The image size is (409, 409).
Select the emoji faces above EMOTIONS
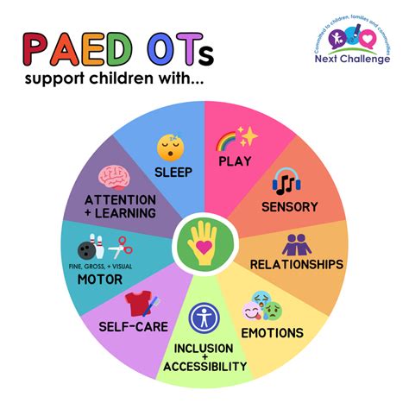point(267,306)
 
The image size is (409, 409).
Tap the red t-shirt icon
point(140,304)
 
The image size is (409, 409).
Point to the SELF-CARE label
point(133,328)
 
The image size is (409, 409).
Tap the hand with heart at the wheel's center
point(204,243)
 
